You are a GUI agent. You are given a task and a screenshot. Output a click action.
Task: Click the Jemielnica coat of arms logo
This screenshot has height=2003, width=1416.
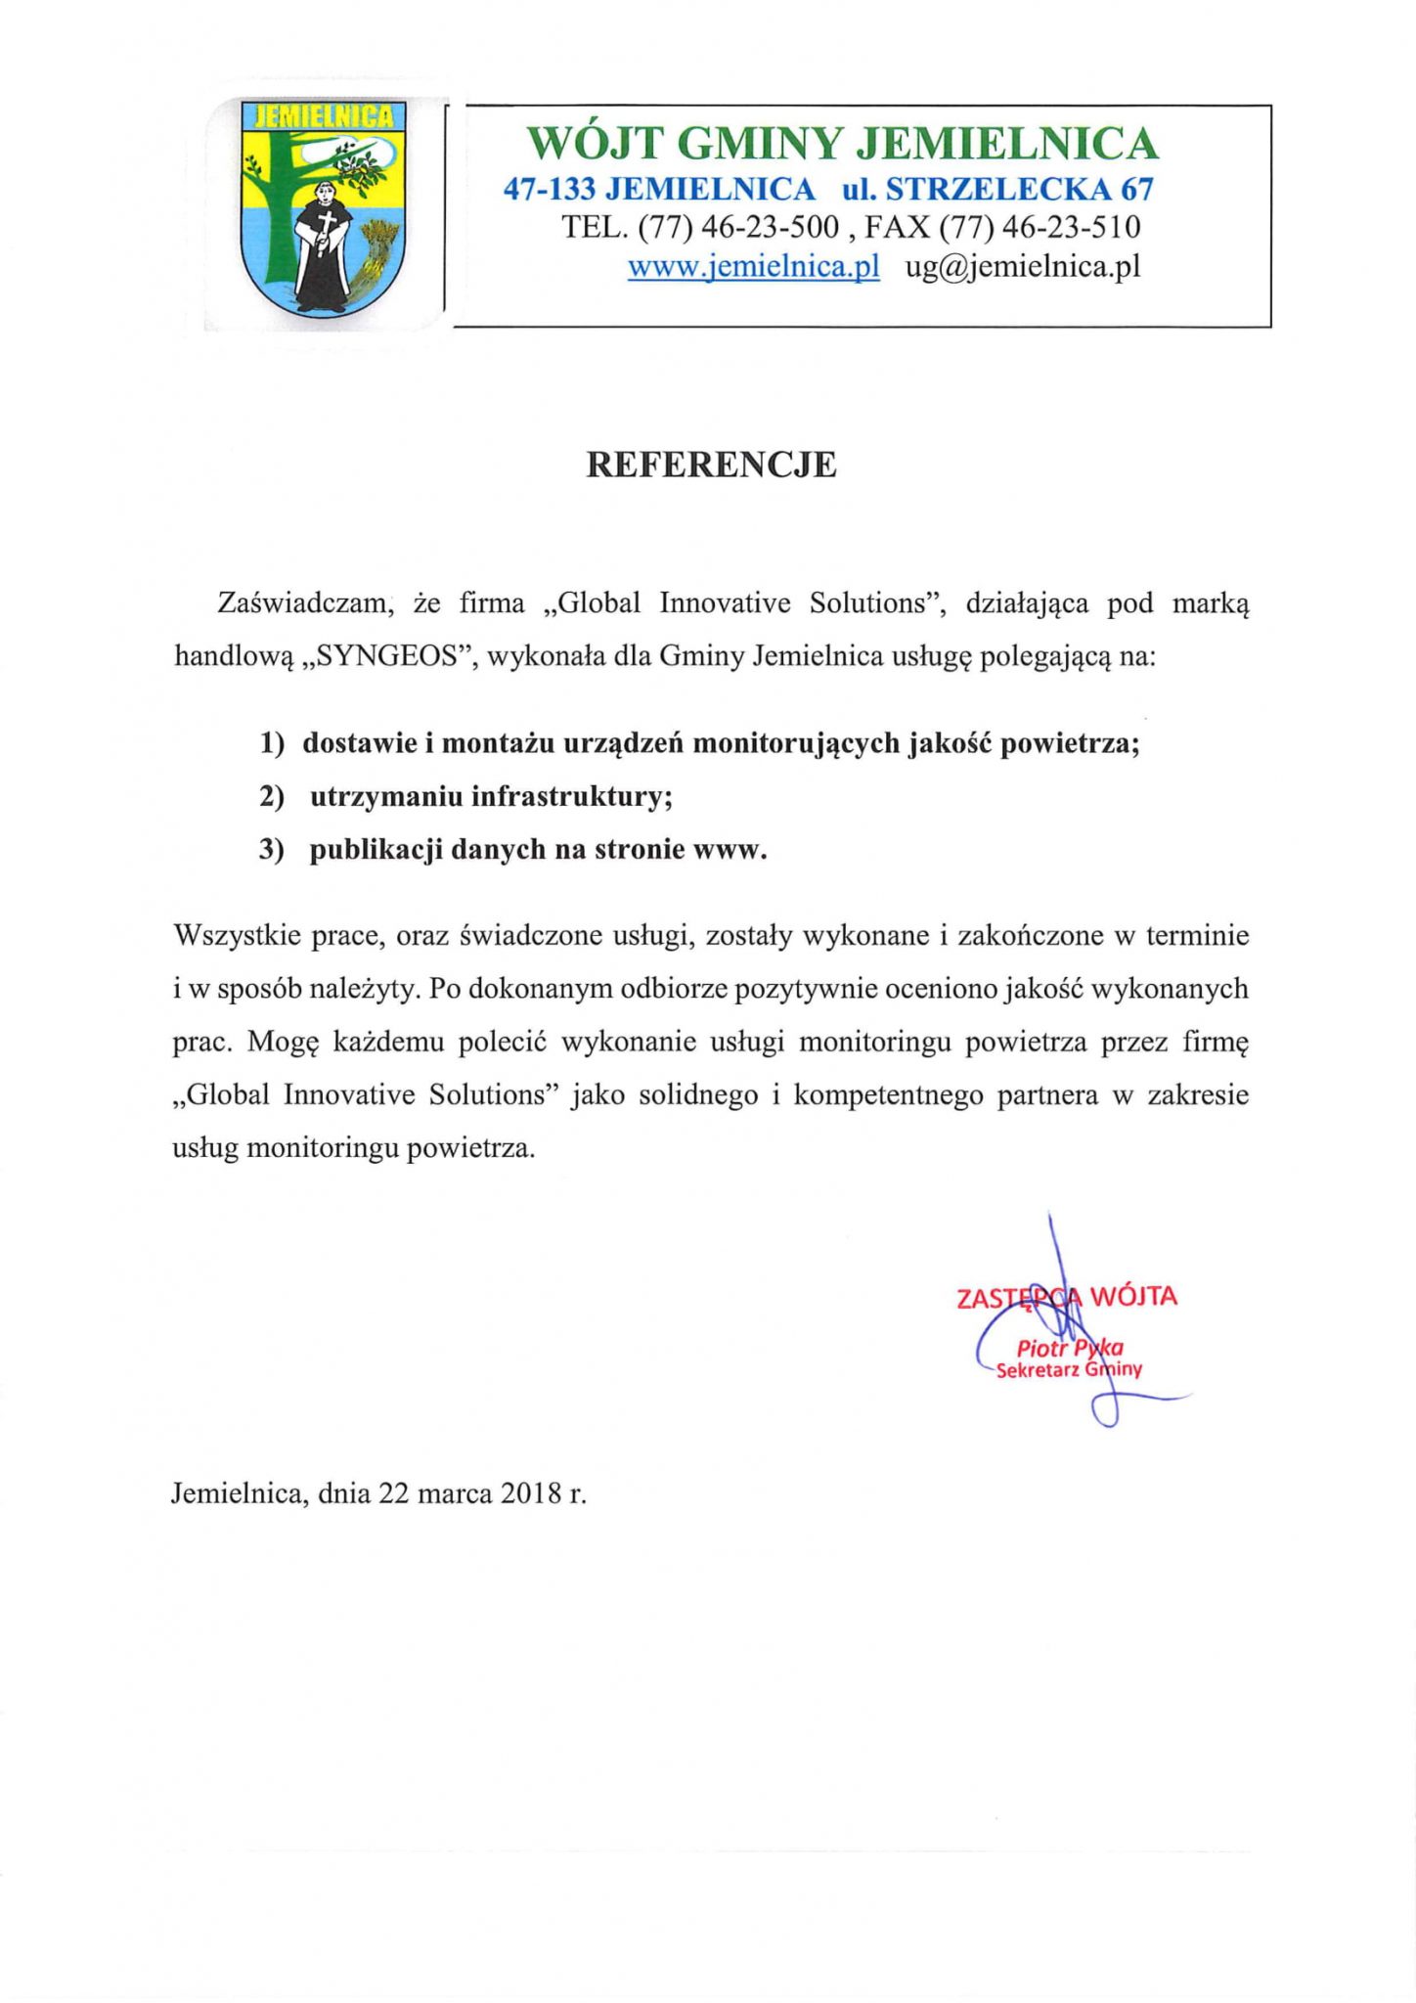[x=324, y=206]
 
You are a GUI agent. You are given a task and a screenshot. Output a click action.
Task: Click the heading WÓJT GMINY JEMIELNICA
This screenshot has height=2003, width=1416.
[x=842, y=144]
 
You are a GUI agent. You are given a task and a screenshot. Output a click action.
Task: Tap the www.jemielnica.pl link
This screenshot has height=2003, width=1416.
[x=753, y=266]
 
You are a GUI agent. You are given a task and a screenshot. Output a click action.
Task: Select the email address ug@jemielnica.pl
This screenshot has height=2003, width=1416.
[x=1023, y=266]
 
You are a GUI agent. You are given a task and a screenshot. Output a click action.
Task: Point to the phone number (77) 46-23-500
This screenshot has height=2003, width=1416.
[x=738, y=227]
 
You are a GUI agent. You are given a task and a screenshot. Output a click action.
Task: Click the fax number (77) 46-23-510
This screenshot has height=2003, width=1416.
[x=1040, y=227]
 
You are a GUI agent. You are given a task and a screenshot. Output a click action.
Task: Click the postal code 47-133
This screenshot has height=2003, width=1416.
[x=549, y=188]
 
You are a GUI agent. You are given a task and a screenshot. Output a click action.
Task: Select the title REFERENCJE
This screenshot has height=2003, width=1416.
[x=711, y=465]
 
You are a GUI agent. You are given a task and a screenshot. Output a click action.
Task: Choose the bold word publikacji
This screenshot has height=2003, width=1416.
[x=376, y=849]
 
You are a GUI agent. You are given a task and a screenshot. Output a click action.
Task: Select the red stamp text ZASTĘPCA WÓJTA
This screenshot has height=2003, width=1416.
[x=1066, y=1298]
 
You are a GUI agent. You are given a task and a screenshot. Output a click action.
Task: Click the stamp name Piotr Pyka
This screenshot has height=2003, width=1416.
[x=1069, y=1349]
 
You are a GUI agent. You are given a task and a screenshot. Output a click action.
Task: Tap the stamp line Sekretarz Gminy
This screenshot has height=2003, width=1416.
[x=1069, y=1370]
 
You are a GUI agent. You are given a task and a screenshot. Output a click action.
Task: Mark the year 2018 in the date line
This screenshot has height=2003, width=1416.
[x=531, y=1493]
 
